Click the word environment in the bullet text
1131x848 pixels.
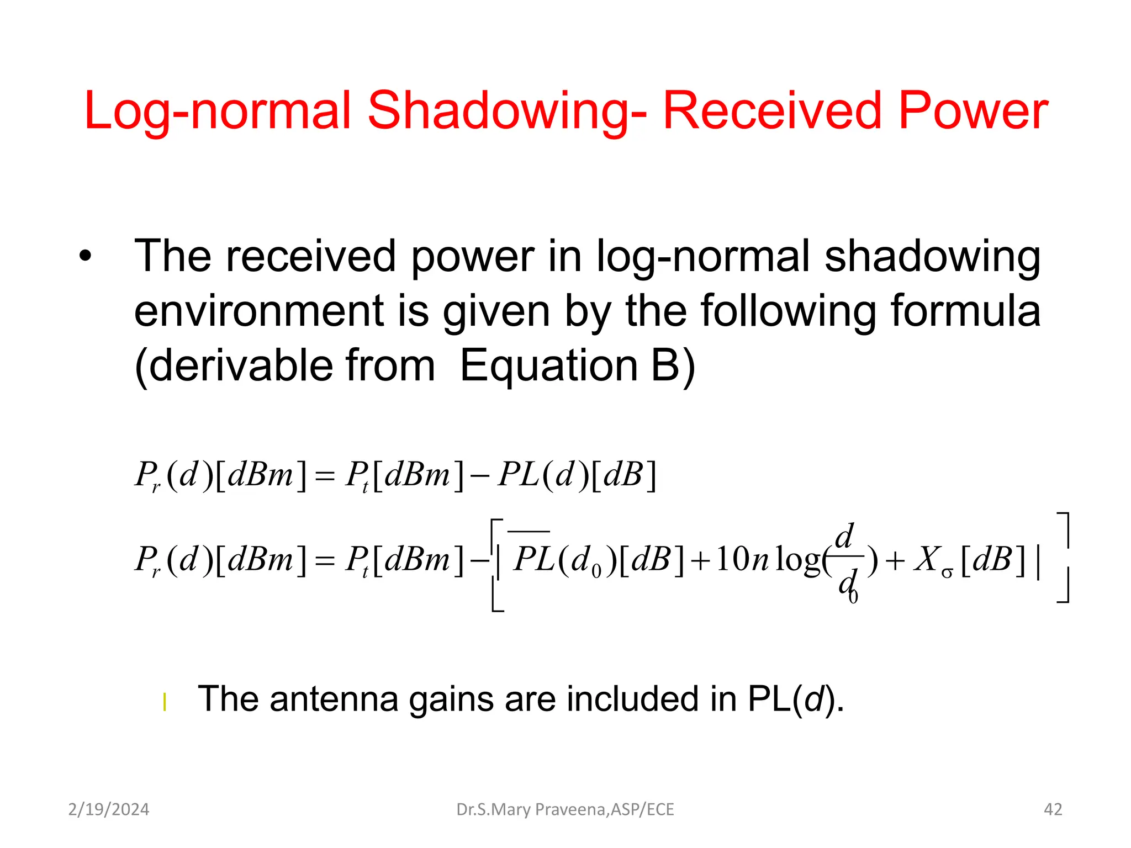258,311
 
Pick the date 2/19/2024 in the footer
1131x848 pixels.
109,809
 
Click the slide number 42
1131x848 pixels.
1053,809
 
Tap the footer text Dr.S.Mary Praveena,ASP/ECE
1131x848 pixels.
565,809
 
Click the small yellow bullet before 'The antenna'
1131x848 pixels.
165,702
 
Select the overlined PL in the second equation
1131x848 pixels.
533,559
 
